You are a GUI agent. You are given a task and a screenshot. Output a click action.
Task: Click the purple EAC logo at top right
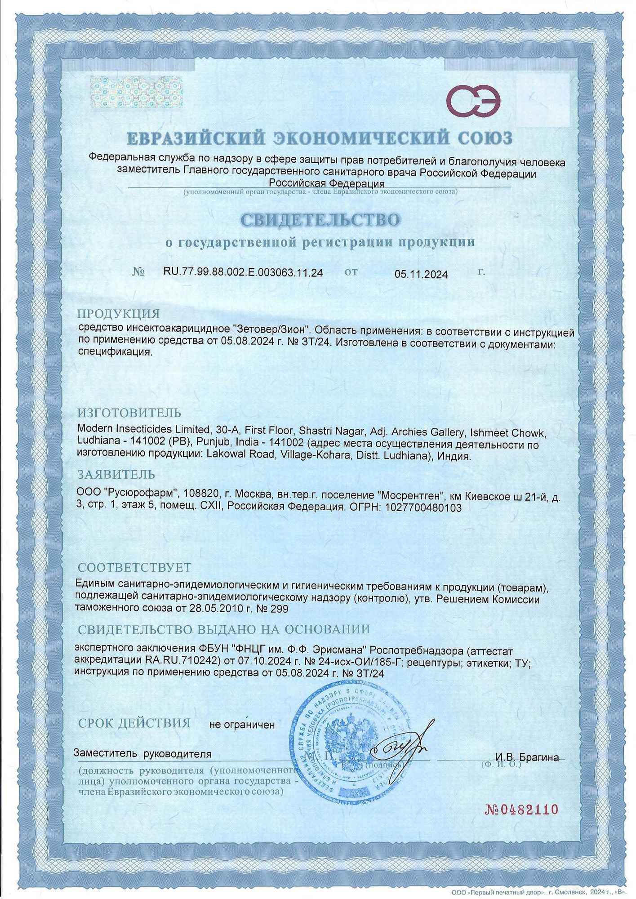point(473,101)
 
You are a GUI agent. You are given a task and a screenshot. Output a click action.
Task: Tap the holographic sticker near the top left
point(136,92)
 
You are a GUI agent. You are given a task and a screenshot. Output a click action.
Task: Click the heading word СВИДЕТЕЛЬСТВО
point(320,219)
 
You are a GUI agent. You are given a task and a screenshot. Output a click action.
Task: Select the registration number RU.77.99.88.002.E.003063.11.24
point(243,272)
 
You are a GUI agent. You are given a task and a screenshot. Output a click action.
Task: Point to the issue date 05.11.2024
point(421,274)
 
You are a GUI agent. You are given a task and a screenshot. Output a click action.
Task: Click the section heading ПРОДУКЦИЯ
point(118,313)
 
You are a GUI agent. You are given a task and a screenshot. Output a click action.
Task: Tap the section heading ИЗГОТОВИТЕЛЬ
point(129,413)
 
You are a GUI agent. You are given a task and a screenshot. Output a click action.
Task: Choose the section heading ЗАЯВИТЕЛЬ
point(116,474)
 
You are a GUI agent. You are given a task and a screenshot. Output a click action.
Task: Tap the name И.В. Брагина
point(527,757)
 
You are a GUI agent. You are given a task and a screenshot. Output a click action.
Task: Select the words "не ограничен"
point(242,725)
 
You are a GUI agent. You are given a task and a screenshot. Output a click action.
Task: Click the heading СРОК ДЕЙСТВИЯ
point(134,723)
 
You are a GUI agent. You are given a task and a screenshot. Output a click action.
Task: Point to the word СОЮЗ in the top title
point(485,138)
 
